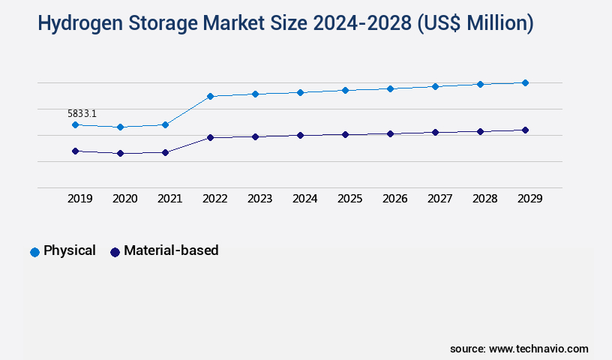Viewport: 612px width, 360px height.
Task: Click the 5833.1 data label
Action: [82, 114]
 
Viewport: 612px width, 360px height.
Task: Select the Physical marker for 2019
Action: [75, 124]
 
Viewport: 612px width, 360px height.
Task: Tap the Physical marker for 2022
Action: [210, 96]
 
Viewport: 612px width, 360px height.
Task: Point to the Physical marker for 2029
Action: [525, 82]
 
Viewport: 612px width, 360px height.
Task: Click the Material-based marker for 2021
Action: [165, 152]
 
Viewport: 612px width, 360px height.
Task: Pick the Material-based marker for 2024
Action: [300, 135]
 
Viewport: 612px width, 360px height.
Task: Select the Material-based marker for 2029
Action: [525, 130]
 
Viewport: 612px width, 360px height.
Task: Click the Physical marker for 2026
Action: [390, 88]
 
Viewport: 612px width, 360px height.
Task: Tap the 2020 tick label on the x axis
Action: [124, 199]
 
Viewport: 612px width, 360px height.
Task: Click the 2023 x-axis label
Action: [259, 199]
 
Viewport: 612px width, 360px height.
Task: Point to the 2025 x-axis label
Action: [349, 199]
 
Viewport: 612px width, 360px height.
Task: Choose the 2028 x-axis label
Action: [484, 199]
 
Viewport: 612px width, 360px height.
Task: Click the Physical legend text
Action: [70, 250]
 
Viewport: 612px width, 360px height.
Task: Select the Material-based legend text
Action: [171, 250]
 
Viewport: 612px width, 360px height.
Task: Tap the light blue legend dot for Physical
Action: [34, 252]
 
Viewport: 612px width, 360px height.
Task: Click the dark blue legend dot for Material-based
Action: [115, 252]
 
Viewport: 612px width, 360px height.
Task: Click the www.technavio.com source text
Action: [538, 349]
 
